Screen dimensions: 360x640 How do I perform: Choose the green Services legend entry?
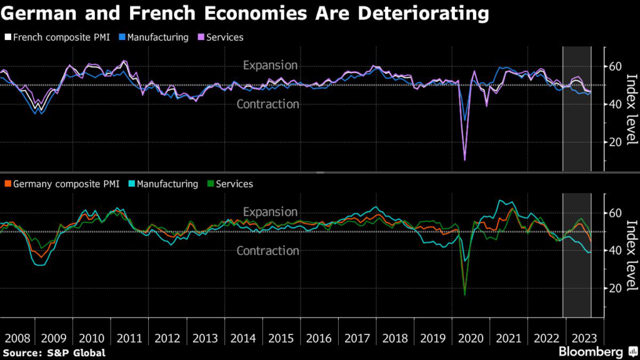(x=234, y=184)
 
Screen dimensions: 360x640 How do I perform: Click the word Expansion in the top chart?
(x=270, y=65)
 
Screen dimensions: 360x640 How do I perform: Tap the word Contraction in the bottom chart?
(x=267, y=251)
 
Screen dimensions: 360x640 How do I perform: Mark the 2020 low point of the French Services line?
(x=464, y=160)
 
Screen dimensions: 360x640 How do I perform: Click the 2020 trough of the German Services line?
(x=464, y=294)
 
